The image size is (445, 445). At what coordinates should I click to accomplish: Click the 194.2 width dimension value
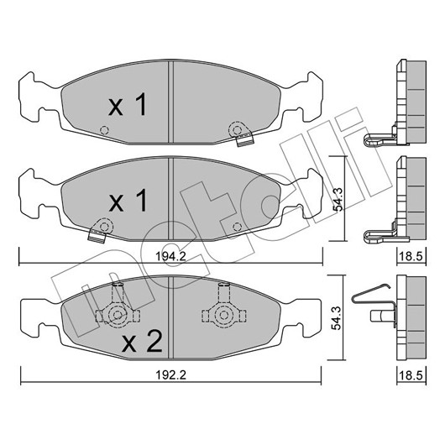click(x=170, y=257)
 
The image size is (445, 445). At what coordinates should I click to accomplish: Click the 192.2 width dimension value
click(x=170, y=375)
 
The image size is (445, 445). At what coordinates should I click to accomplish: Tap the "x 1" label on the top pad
click(x=128, y=104)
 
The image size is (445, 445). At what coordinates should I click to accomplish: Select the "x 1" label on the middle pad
click(x=128, y=201)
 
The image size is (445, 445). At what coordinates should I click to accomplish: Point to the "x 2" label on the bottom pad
click(x=142, y=341)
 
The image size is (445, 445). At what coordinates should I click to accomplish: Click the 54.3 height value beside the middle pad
click(x=338, y=199)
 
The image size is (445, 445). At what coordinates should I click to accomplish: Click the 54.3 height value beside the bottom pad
click(x=337, y=317)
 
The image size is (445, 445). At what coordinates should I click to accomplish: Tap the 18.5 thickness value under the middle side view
click(x=411, y=257)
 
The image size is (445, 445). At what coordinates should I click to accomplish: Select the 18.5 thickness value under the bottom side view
click(x=411, y=375)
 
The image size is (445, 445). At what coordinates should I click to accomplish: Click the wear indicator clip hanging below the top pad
click(x=244, y=139)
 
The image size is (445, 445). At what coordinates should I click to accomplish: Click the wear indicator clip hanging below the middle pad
click(x=97, y=236)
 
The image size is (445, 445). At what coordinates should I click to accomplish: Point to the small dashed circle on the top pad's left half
click(x=104, y=130)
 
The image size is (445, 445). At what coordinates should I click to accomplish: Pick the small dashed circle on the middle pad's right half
click(x=237, y=227)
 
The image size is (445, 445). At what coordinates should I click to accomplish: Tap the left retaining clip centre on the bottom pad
click(x=117, y=315)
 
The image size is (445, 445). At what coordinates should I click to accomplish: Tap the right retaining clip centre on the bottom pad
click(x=223, y=315)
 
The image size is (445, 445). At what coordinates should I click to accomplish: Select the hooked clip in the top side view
click(x=379, y=140)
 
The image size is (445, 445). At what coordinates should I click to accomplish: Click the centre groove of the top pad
click(x=170, y=102)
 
